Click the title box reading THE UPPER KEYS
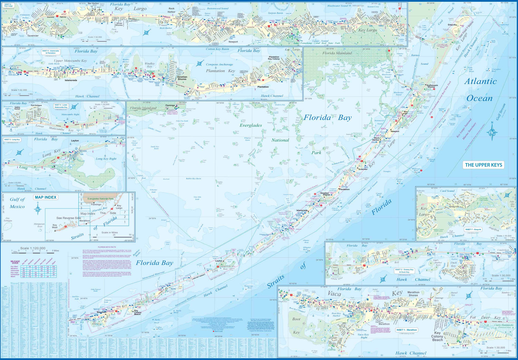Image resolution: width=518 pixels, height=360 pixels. (x=483, y=165)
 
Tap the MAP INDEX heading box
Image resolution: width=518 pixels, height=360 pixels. (x=46, y=197)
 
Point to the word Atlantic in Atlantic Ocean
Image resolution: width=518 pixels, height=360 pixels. (x=480, y=81)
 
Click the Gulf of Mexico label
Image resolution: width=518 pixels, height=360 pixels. (x=17, y=203)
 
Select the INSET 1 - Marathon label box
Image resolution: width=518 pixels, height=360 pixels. (x=407, y=330)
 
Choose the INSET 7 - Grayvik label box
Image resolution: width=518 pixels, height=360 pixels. (x=473, y=230)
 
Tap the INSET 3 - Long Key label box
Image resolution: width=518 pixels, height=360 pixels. (x=12, y=140)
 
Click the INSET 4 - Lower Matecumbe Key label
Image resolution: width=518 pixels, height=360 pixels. (x=61, y=106)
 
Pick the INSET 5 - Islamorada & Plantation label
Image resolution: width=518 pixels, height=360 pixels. (x=51, y=52)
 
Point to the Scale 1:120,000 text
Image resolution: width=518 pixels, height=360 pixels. (x=32, y=248)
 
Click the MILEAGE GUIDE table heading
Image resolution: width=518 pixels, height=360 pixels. (x=15, y=262)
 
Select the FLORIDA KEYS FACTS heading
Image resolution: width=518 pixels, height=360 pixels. (x=107, y=247)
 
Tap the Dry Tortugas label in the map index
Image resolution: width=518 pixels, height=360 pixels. (x=8, y=220)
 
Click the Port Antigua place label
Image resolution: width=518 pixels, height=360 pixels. (x=36, y=106)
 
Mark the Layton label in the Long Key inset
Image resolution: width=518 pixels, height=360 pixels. (x=75, y=141)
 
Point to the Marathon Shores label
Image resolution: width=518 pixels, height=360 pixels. (x=413, y=294)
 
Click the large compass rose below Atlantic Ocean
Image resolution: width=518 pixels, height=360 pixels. (x=492, y=132)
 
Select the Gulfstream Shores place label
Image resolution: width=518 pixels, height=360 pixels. (x=432, y=86)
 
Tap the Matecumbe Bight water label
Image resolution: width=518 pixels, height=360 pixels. (x=70, y=114)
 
